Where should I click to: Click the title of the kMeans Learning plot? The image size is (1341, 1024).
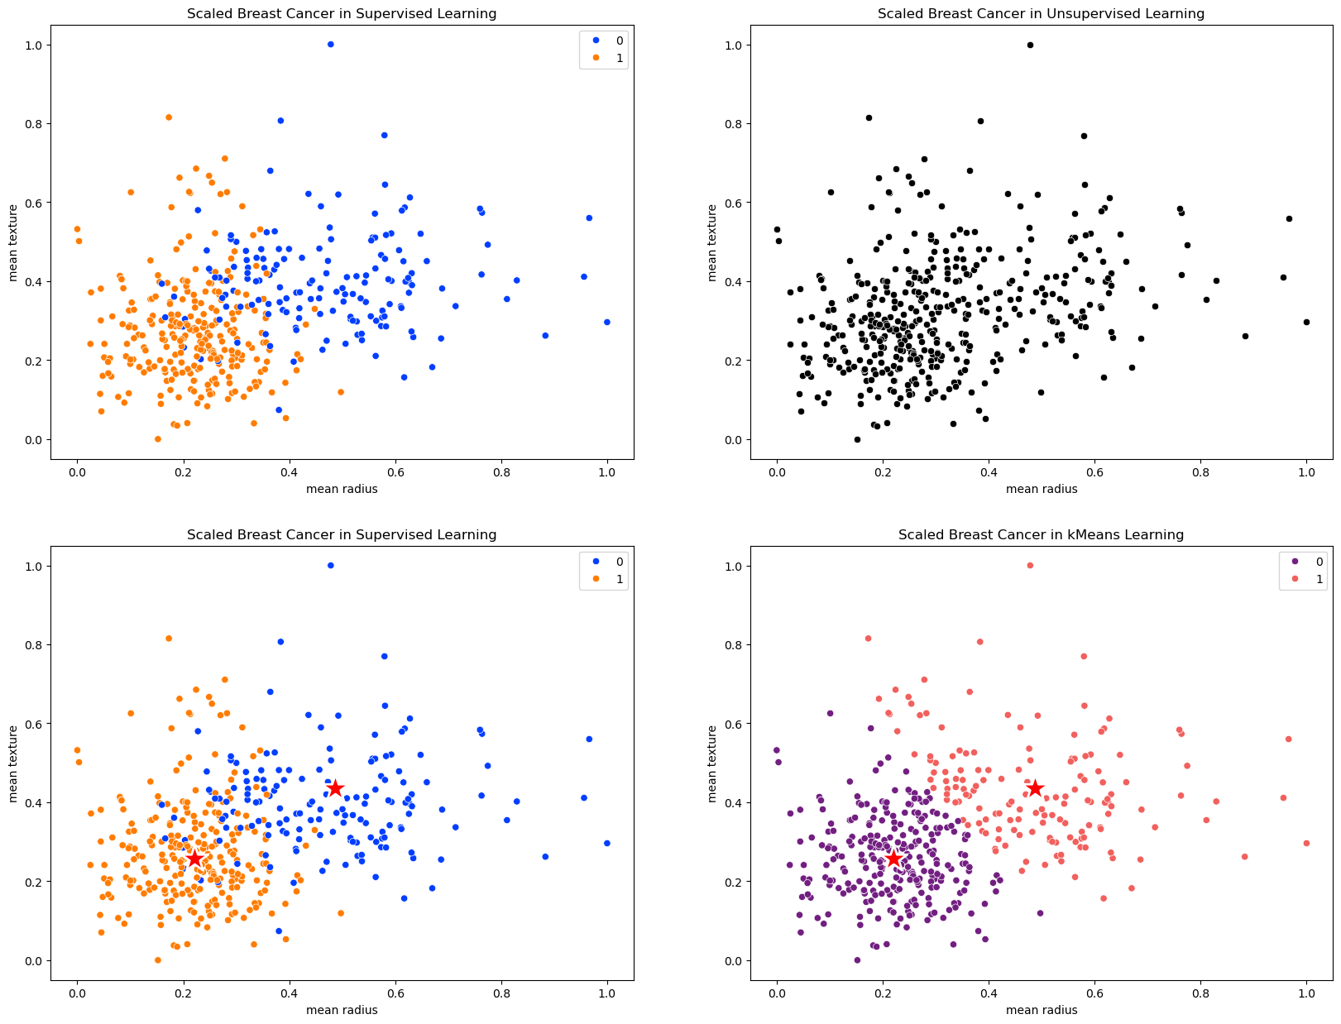tap(1041, 534)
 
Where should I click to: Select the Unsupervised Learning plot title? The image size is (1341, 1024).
tap(1041, 13)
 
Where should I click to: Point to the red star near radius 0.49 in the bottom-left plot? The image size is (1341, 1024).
tap(335, 788)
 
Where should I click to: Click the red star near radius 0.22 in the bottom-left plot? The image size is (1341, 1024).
tap(194, 859)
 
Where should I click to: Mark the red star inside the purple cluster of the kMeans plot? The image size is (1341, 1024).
tap(893, 859)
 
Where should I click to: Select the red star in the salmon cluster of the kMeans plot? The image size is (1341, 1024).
tap(1035, 788)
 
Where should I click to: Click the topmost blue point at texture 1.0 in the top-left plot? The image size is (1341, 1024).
tap(330, 45)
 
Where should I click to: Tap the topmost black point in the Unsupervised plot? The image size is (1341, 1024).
tap(1030, 45)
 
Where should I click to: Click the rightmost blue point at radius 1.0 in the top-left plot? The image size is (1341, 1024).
tap(607, 322)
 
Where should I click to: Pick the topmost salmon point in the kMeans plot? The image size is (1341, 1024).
tap(1030, 566)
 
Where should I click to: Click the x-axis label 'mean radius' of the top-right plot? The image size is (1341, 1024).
tap(1042, 489)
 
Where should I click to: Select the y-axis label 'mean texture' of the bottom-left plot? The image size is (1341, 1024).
tap(14, 763)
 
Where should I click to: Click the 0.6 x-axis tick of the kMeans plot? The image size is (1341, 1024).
tap(1094, 990)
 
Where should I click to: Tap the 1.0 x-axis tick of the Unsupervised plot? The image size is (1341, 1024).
tap(1306, 469)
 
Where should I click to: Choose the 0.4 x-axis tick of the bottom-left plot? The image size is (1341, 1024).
tap(289, 990)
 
